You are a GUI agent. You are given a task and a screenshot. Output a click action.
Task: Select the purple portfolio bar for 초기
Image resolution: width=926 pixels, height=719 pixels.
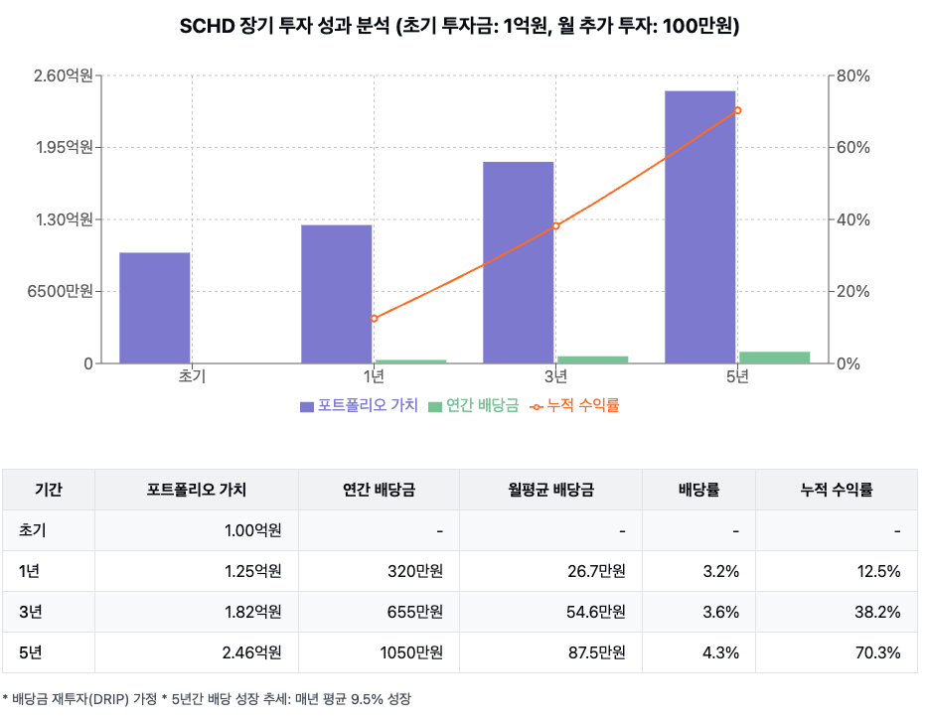tap(155, 308)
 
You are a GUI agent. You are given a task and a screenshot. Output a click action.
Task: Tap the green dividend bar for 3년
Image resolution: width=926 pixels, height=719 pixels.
tap(593, 359)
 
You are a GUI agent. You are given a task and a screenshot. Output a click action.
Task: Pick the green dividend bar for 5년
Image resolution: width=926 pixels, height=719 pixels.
tap(775, 358)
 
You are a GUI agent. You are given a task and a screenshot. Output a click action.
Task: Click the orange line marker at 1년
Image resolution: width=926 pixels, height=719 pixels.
tap(375, 319)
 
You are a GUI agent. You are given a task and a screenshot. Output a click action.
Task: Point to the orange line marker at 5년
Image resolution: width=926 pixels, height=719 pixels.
tap(737, 110)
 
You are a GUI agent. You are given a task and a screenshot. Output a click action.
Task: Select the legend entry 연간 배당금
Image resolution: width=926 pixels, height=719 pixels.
tap(473, 405)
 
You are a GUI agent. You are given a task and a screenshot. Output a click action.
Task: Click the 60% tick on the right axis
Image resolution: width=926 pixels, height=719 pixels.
tap(852, 147)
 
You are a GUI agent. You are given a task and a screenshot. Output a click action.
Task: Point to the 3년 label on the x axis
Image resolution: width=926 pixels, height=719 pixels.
tap(555, 376)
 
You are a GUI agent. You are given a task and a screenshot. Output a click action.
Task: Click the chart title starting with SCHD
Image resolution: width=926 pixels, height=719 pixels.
tap(459, 27)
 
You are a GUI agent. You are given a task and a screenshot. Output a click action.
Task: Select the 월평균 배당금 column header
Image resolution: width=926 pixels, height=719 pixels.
tap(550, 490)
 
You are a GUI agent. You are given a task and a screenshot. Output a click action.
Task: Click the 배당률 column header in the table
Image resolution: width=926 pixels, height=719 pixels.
tap(698, 490)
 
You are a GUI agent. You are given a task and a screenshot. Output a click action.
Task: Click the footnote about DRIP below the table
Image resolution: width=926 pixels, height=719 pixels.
tap(206, 699)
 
